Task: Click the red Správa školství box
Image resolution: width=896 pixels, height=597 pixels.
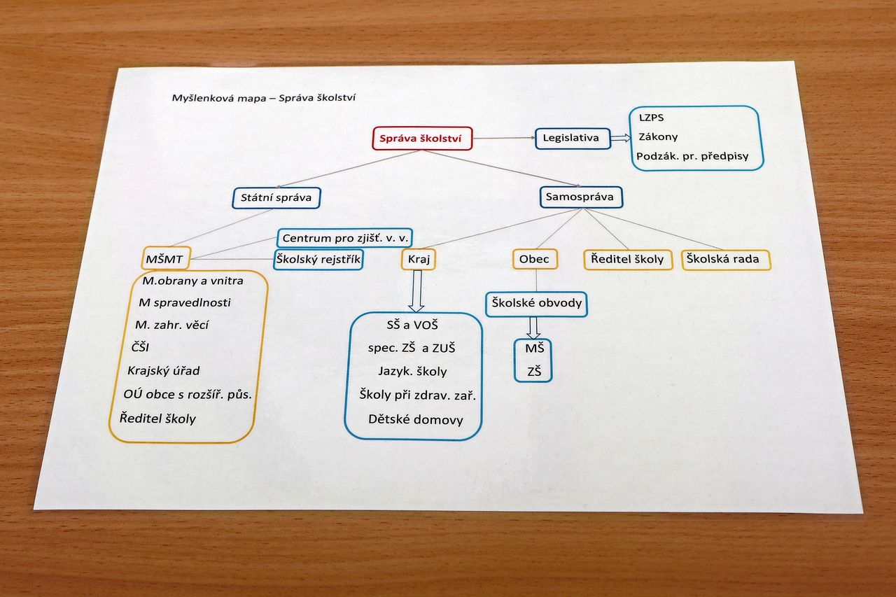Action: coord(422,139)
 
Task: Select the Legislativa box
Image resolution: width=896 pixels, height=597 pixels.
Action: coord(573,139)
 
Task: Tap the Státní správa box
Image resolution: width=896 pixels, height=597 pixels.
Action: coord(276,197)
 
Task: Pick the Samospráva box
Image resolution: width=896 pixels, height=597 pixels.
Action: coord(581,197)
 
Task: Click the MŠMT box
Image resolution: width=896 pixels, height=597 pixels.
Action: coord(166,259)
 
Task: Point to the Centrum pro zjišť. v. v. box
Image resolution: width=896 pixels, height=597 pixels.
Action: coord(345,238)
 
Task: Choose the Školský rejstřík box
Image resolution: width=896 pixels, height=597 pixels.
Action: coord(318,260)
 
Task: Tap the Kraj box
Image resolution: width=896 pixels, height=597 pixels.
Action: coord(419,259)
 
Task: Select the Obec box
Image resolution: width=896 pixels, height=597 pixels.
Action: coord(535,259)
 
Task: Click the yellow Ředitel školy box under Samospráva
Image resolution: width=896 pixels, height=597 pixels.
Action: coord(628,259)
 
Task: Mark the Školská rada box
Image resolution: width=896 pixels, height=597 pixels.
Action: coord(726,260)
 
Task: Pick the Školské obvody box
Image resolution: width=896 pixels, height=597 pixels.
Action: coord(536,304)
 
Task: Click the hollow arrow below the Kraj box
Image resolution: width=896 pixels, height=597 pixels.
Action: coord(416,291)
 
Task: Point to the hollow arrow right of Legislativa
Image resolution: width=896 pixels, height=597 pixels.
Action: coord(621,138)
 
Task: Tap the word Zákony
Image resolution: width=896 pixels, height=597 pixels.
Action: coord(658,136)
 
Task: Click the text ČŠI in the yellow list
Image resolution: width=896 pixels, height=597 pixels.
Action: coord(140,347)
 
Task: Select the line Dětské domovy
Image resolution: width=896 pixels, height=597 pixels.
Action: coord(416,419)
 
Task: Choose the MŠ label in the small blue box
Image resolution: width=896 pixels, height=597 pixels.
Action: coord(535,349)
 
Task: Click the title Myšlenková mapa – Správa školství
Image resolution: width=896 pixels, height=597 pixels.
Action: coord(264,97)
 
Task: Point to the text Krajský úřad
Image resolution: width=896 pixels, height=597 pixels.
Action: coord(164,371)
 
